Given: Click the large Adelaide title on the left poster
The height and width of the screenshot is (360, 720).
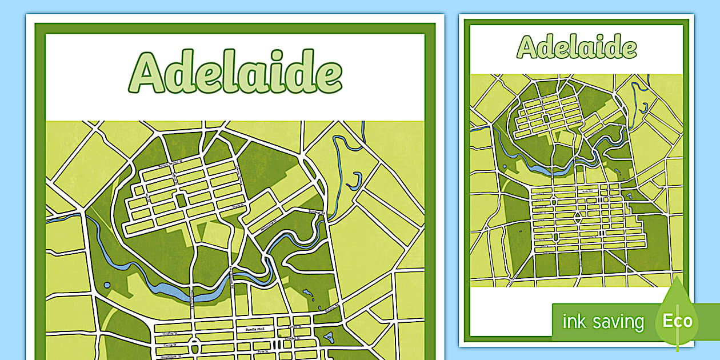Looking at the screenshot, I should [235, 73].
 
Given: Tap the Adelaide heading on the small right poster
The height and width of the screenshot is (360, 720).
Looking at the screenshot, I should [577, 47].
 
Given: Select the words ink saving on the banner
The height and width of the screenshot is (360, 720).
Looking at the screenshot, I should [603, 322].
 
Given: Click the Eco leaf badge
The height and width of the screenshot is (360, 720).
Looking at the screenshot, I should [677, 320].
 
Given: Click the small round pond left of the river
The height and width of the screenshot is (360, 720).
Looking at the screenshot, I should [107, 285].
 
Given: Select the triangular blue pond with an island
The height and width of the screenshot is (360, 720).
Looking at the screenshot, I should [327, 337].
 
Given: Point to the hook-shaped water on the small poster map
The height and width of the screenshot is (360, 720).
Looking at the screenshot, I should [645, 107].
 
